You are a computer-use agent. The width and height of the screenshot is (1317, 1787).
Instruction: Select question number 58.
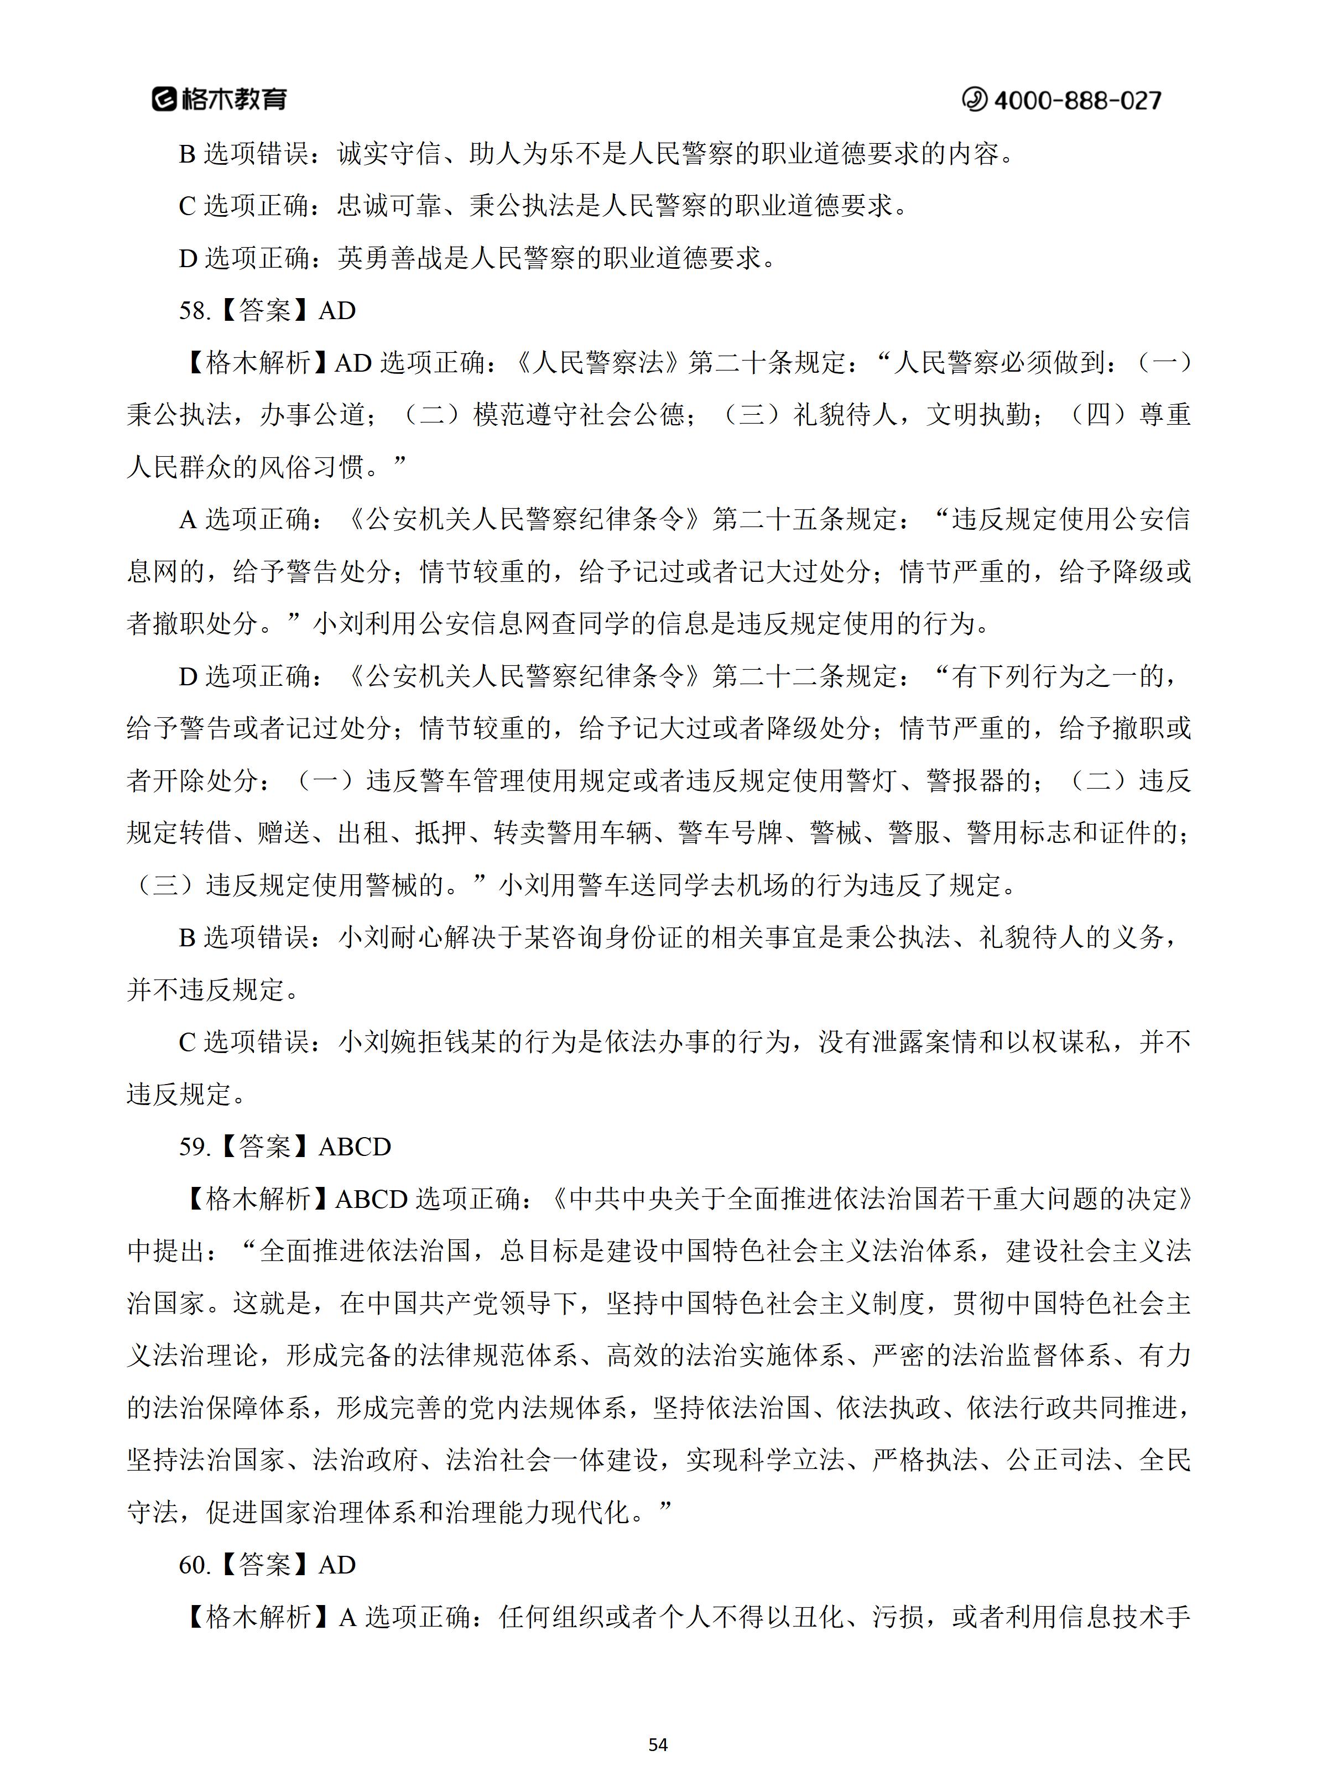(x=195, y=310)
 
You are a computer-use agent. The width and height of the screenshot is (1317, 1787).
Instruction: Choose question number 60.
(x=195, y=1565)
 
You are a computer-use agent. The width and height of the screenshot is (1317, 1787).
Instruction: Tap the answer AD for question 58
(x=337, y=310)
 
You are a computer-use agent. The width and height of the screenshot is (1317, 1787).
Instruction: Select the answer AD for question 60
(x=337, y=1565)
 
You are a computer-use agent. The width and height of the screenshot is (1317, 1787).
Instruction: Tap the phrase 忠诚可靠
(x=390, y=206)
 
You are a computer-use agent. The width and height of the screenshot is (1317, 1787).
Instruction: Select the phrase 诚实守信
(x=390, y=153)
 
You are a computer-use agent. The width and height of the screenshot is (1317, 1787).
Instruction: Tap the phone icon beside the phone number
(x=974, y=100)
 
